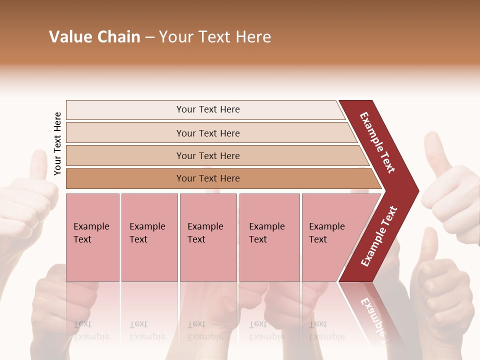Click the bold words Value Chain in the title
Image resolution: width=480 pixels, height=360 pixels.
tap(94, 37)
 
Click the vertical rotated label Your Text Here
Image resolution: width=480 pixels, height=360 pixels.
tap(57, 143)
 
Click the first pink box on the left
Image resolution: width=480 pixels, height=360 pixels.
tap(92, 237)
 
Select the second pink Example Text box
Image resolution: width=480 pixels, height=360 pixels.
tap(149, 237)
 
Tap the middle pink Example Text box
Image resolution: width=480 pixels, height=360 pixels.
tap(208, 237)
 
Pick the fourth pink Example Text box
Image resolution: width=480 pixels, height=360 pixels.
tap(269, 237)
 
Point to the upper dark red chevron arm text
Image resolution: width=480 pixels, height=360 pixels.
tap(377, 142)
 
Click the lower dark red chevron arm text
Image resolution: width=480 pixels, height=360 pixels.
tap(378, 236)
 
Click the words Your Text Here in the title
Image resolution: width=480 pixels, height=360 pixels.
tap(215, 37)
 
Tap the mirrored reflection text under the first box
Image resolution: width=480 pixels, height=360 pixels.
tap(91, 330)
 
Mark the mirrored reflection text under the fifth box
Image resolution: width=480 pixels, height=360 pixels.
tap(326, 330)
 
